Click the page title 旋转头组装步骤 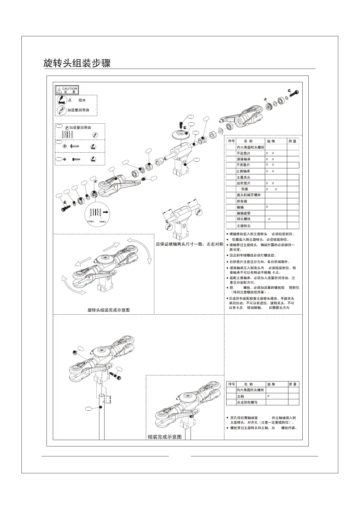[77, 63]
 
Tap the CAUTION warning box [67, 90]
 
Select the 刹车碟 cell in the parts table [242, 201]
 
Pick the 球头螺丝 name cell [243, 219]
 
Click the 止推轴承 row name [243, 171]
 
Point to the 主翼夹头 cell [243, 177]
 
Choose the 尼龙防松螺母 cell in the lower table [247, 402]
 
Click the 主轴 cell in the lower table [240, 396]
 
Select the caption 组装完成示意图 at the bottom [165, 437]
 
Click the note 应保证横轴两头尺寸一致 [189, 244]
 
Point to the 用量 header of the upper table [292, 141]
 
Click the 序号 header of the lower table [231, 384]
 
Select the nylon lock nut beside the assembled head [74, 352]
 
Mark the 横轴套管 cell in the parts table [243, 213]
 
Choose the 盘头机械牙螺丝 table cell [249, 195]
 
